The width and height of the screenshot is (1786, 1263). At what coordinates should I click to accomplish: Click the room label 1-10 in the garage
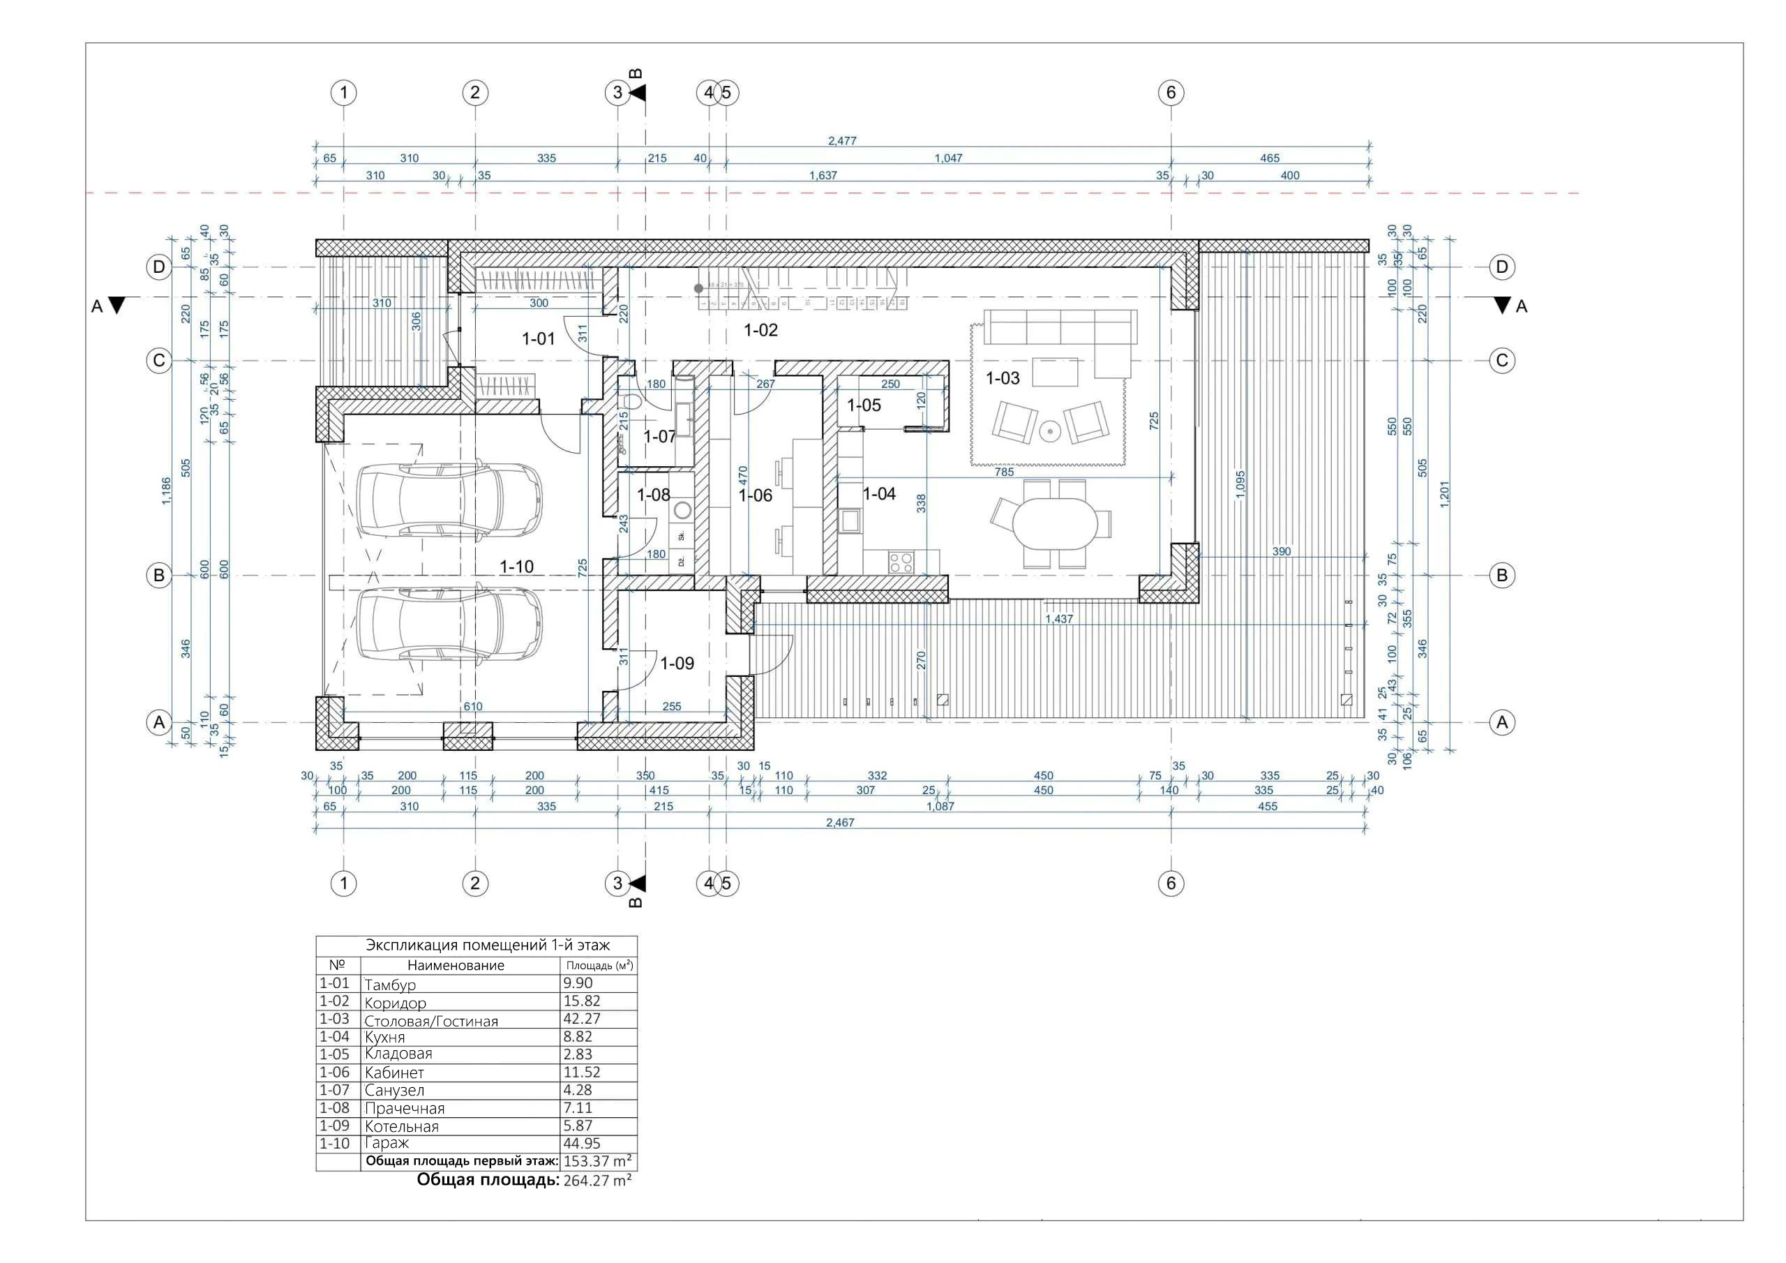point(516,567)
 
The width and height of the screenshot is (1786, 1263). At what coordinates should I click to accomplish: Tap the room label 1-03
point(1002,378)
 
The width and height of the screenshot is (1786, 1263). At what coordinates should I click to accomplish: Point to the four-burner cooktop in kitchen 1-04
point(901,562)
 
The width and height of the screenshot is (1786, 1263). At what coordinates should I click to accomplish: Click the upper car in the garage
point(449,500)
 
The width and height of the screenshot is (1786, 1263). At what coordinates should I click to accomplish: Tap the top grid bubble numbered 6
point(1171,93)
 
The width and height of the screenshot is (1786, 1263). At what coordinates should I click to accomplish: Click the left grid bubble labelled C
point(158,360)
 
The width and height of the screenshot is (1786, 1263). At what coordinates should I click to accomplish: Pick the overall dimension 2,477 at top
point(841,141)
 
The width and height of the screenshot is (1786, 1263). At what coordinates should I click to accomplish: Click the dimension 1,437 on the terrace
point(1058,619)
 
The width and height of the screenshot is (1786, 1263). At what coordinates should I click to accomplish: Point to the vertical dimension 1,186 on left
point(165,491)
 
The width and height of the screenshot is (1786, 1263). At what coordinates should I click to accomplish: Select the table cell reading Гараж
point(387,1143)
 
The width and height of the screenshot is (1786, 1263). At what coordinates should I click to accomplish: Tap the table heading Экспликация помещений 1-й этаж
point(488,945)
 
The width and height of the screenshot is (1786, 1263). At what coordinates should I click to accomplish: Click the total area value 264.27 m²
point(596,1180)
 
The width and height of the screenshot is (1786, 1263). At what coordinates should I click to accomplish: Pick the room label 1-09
point(677,663)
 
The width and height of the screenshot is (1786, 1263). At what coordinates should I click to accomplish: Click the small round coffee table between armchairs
point(1050,430)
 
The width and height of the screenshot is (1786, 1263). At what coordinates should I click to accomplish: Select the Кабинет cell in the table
point(394,1073)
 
